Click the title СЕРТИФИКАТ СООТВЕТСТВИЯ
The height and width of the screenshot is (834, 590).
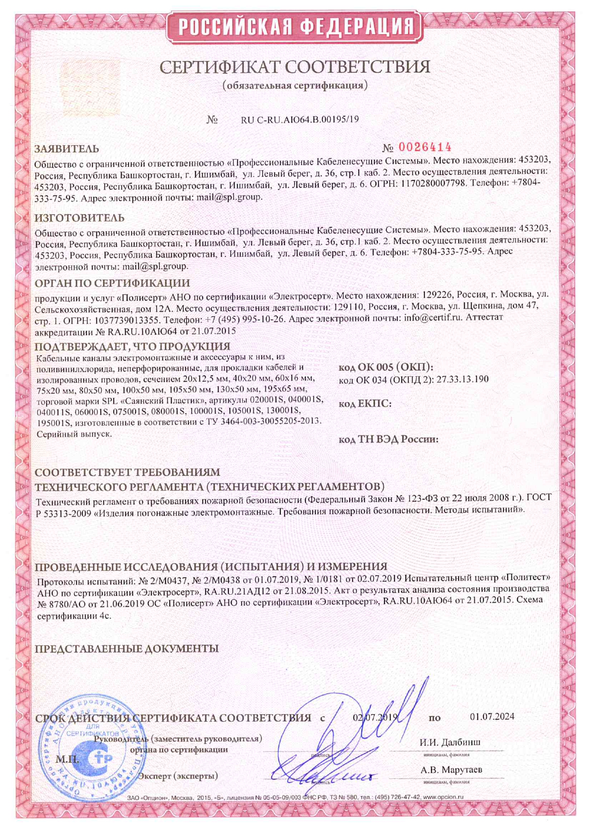[x=295, y=67]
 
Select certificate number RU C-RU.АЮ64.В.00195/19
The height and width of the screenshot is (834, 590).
[x=300, y=119]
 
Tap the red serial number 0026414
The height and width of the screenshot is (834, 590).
[x=424, y=147]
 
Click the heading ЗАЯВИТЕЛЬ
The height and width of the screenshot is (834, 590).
[x=67, y=149]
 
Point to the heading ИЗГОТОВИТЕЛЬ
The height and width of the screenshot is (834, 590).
[x=79, y=218]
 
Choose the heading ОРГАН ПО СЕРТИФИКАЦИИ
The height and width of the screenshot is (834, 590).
[x=112, y=283]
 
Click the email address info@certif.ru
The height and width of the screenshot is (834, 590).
[x=433, y=317]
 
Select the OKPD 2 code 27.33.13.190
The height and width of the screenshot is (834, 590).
[x=462, y=379]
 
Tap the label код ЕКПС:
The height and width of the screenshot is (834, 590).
[x=365, y=404]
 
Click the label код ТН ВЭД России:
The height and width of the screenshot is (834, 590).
[x=388, y=439]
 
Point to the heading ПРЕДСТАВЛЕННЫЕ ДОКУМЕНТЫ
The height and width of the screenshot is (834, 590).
[x=127, y=648]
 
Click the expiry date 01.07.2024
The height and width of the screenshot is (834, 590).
[x=492, y=716]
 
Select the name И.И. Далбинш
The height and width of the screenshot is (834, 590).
[x=450, y=742]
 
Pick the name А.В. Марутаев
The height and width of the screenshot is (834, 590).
[x=451, y=769]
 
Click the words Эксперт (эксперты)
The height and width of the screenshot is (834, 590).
[x=178, y=776]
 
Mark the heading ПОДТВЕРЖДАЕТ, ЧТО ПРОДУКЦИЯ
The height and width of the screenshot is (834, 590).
[x=132, y=346]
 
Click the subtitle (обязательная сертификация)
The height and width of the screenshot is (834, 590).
[x=295, y=86]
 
